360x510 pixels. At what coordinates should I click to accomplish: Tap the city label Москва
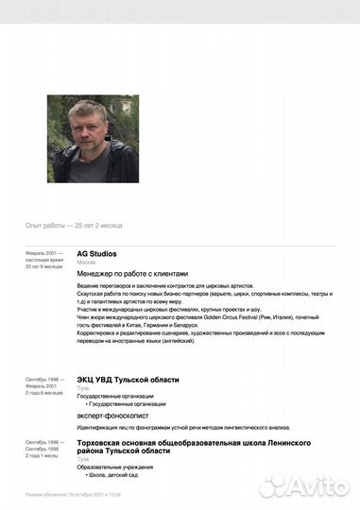click(x=86, y=263)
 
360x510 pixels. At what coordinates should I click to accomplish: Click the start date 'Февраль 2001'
click(x=43, y=254)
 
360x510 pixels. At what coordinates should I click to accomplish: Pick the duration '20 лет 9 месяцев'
click(x=44, y=267)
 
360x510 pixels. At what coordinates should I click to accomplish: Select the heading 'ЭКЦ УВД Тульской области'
click(x=128, y=380)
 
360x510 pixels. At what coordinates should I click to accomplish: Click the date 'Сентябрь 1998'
click(x=43, y=380)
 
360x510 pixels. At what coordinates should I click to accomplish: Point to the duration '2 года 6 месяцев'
click(x=44, y=393)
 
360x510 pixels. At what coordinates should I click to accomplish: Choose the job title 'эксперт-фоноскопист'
click(x=109, y=413)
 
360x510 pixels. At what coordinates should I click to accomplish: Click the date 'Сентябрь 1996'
click(x=43, y=442)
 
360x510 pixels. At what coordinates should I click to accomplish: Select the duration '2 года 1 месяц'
click(x=43, y=455)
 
